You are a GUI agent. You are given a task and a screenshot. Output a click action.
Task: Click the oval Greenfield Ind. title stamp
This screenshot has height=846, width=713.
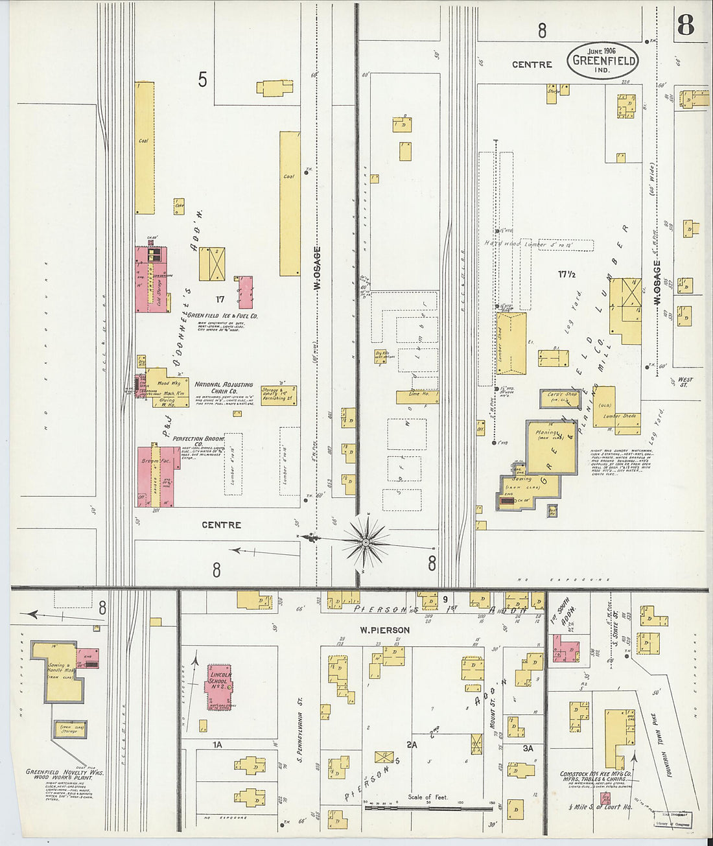pyautogui.click(x=602, y=61)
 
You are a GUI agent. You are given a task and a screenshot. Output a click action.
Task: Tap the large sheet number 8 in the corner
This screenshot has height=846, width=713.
pyautogui.click(x=685, y=25)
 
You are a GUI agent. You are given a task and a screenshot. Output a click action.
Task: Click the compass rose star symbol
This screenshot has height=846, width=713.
pyautogui.click(x=366, y=541)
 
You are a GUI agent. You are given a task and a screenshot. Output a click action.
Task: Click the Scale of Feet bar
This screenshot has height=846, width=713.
pyautogui.click(x=428, y=808)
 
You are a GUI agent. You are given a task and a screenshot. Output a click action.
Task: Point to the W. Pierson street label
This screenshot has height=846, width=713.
pyautogui.click(x=385, y=630)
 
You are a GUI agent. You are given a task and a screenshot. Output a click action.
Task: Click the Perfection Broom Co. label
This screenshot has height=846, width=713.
pyautogui.click(x=198, y=441)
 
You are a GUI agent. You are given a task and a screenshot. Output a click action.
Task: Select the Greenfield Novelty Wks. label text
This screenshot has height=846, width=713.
pyautogui.click(x=65, y=772)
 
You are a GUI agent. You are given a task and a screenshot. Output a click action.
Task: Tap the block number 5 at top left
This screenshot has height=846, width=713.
pyautogui.click(x=203, y=80)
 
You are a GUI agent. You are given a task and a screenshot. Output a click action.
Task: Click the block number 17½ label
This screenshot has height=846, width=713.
pyautogui.click(x=567, y=274)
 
